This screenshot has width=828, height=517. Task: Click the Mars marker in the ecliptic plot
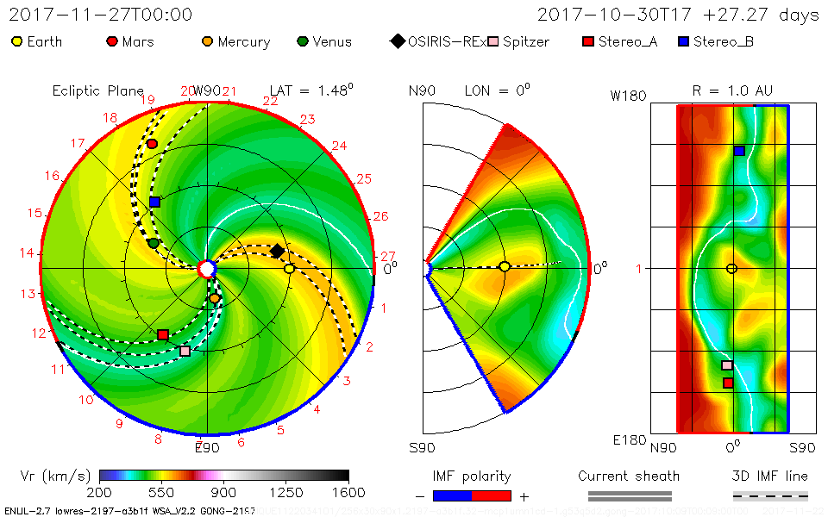tap(153, 144)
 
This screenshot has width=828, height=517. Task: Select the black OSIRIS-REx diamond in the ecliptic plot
tap(277, 251)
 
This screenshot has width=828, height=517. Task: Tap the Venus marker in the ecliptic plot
tap(154, 244)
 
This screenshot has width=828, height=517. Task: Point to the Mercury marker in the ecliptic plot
tap(215, 298)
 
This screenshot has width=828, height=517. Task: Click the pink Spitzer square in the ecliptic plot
tap(185, 351)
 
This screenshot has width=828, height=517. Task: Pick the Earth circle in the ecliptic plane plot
tap(290, 269)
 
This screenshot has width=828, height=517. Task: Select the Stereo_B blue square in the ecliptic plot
tap(154, 202)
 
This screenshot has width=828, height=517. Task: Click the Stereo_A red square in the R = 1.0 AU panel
tap(728, 383)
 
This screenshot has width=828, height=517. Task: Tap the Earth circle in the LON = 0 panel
tap(505, 266)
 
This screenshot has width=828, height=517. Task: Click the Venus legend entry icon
tap(302, 41)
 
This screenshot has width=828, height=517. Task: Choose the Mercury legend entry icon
tap(207, 41)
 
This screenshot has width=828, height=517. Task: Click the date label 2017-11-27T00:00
tap(101, 15)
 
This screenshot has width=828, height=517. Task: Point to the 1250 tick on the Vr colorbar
tap(286, 492)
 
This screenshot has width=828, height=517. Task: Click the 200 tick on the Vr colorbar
tap(100, 492)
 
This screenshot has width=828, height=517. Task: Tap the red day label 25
tap(364, 178)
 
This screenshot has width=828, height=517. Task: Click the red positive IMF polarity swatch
tap(492, 495)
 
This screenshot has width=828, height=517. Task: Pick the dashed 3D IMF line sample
tap(770, 495)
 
